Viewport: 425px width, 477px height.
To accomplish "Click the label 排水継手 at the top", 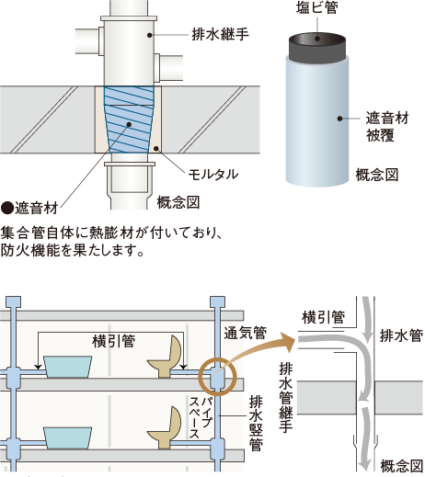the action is pyautogui.click(x=220, y=34).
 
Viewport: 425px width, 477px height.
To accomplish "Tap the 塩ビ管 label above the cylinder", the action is pyautogui.click(x=317, y=7).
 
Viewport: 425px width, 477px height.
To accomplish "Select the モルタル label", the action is pyautogui.click(x=213, y=175).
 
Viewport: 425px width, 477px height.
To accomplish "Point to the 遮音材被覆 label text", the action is pyautogui.click(x=387, y=127).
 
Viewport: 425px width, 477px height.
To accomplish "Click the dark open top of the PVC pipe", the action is pyautogui.click(x=317, y=39).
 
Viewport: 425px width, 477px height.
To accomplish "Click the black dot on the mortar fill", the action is pyautogui.click(x=156, y=149).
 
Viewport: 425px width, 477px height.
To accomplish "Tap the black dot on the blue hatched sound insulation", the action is pyautogui.click(x=129, y=124).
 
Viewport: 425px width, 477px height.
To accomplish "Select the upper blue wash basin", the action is pyautogui.click(x=67, y=367).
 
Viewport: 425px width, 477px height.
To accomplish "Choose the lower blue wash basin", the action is pyautogui.click(x=67, y=438).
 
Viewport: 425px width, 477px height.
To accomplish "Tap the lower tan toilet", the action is pyautogui.click(x=166, y=427).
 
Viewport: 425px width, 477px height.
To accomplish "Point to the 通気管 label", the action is pyautogui.click(x=246, y=333).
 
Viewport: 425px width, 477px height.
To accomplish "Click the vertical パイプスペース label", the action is pyautogui.click(x=200, y=417).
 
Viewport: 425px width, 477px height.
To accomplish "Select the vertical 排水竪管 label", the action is pyautogui.click(x=256, y=424).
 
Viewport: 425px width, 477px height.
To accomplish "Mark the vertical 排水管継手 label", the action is pyautogui.click(x=286, y=398).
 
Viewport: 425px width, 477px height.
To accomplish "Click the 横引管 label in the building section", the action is pyautogui.click(x=113, y=341).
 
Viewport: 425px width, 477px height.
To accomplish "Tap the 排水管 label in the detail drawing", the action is pyautogui.click(x=401, y=335).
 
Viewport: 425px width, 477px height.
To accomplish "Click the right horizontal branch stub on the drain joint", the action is pyautogui.click(x=168, y=68).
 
